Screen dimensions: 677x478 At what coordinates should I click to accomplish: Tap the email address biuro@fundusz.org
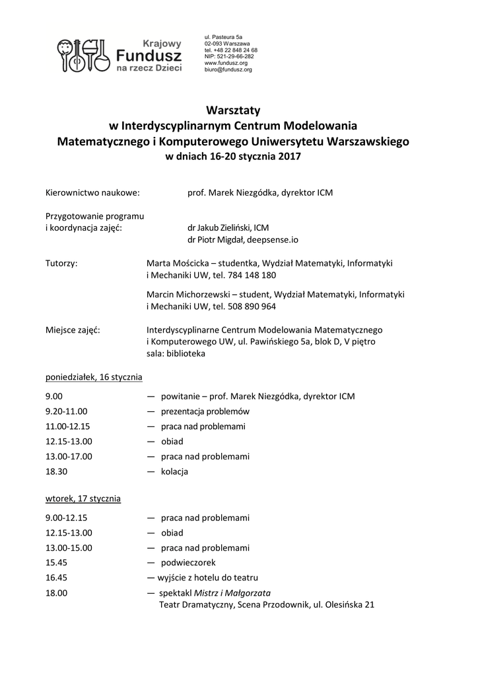pos(228,69)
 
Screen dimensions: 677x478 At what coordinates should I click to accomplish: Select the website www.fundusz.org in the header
pos(225,63)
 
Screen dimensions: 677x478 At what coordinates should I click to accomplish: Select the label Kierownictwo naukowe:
pos(92,193)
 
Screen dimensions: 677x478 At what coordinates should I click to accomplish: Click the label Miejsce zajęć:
pos(73,329)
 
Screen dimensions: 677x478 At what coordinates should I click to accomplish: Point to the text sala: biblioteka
pos(176,353)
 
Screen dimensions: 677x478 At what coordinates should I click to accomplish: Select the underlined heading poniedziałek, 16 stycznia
pos(94,377)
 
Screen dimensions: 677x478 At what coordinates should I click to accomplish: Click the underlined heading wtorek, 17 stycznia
pos(83,498)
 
